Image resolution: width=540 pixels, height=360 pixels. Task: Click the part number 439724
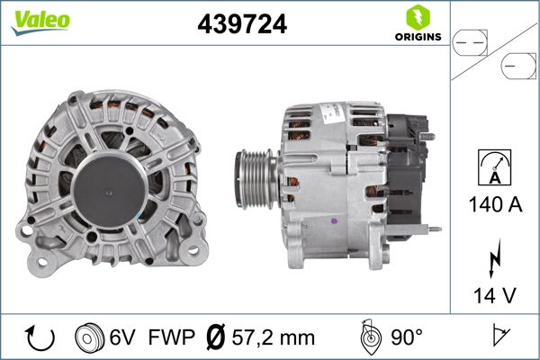point(241,25)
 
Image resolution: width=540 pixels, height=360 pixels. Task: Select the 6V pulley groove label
point(123,337)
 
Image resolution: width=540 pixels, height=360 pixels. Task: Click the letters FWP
point(170,337)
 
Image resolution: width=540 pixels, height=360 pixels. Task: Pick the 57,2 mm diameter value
point(273,337)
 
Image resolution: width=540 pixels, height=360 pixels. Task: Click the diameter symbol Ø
point(215,337)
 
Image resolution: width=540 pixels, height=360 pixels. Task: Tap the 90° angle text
point(405,337)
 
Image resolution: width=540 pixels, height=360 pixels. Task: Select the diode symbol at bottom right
point(497,337)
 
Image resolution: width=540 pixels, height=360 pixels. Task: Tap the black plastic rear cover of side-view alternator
point(407,166)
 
